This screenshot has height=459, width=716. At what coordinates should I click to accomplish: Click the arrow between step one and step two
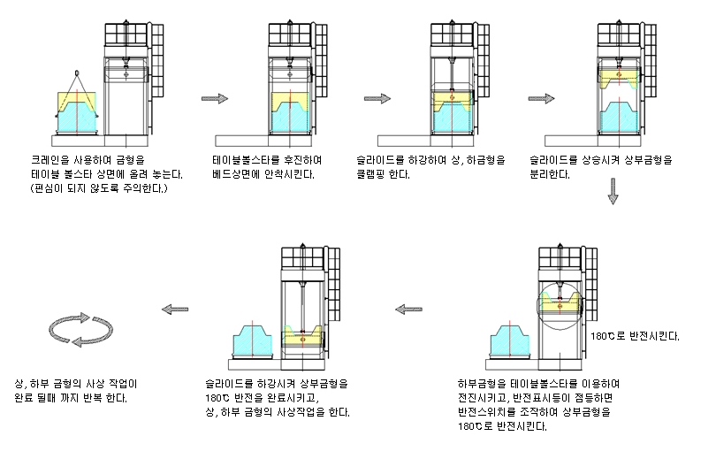[x=215, y=98]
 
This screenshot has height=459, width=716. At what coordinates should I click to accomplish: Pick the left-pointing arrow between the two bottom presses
[x=408, y=309]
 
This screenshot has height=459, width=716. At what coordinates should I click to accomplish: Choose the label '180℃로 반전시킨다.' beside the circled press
[x=636, y=337]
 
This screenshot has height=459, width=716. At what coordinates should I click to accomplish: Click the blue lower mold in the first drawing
[x=77, y=119]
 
